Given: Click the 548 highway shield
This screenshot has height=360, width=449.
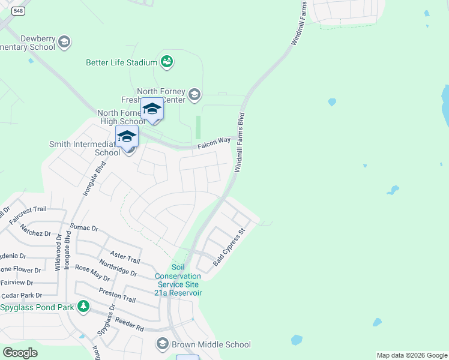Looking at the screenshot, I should coord(19,11).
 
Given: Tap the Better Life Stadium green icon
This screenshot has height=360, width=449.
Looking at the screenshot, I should coord(166,62).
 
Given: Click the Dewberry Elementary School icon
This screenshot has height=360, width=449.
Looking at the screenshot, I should coord(64,42).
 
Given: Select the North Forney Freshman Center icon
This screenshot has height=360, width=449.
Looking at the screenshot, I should coord(194,94).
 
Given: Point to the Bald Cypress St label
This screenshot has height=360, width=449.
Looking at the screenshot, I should coord(229,247).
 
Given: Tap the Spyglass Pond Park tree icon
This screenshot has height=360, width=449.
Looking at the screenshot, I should coord(83,307).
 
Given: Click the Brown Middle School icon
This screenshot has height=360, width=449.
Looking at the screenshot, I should coord(162,344).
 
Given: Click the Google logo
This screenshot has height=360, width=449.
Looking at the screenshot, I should coord(20,353).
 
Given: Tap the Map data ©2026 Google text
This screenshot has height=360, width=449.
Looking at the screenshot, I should coord(412,355).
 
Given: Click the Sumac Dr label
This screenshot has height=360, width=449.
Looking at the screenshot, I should coord(83,228).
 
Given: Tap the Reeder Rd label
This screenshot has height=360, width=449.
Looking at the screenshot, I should coord(130,325).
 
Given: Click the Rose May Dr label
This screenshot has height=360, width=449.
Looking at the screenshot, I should coord(92,274).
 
